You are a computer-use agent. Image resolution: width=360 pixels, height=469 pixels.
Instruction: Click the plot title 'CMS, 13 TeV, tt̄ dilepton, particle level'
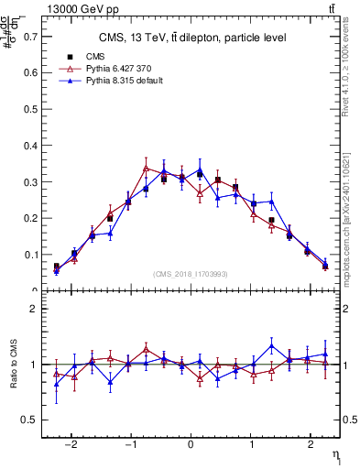192,38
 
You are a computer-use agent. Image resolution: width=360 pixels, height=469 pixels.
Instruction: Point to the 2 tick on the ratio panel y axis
35,310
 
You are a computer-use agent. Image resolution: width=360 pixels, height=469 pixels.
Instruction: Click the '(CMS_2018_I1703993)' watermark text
191,275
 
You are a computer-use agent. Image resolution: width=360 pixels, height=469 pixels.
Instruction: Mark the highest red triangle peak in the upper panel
146,169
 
